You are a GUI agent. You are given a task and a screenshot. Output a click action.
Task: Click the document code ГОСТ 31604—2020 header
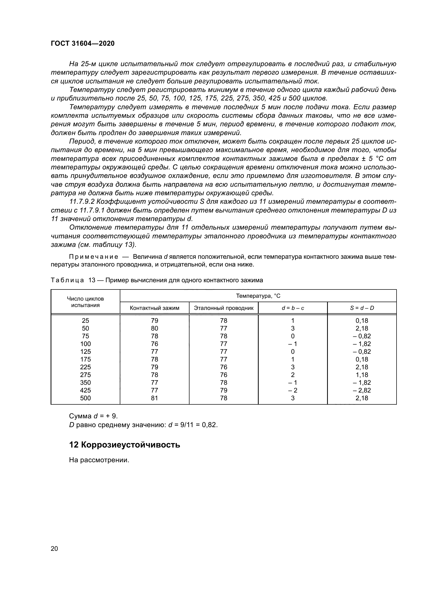pyautogui.click(x=83, y=43)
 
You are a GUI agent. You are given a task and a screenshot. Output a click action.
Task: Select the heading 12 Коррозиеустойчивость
pyautogui.click(x=124, y=445)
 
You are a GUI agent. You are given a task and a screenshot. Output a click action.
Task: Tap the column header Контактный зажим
pyautogui.click(x=154, y=308)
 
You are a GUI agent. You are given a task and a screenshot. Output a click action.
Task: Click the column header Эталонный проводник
pyautogui.click(x=224, y=308)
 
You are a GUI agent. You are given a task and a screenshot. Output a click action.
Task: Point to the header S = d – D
pyautogui.click(x=362, y=308)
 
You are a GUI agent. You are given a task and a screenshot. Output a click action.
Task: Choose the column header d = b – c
pyautogui.click(x=293, y=308)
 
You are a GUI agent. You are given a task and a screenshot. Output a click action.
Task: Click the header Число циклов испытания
pyautogui.click(x=85, y=302)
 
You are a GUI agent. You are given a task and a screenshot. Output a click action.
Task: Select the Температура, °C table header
pyautogui.click(x=258, y=296)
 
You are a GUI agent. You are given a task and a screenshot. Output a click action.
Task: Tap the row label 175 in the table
pyautogui.click(x=85, y=359)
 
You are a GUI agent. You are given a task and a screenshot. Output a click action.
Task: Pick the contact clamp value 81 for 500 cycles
pyautogui.click(x=154, y=398)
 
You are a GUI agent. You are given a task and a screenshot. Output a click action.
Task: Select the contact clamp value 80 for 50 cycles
pyautogui.click(x=154, y=328)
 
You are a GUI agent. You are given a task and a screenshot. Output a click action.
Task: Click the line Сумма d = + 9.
pyautogui.click(x=93, y=416)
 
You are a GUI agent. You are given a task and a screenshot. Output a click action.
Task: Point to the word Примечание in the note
pyautogui.click(x=93, y=256)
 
